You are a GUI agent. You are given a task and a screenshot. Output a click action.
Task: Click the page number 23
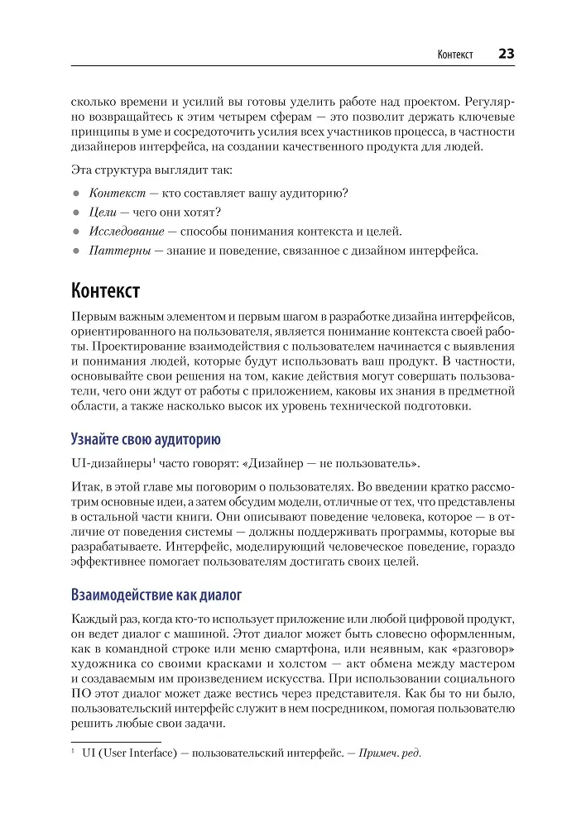pyautogui.click(x=506, y=54)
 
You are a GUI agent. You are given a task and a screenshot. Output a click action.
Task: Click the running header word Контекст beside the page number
pyautogui.click(x=454, y=55)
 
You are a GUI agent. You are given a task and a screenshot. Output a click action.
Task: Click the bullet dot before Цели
pyautogui.click(x=75, y=213)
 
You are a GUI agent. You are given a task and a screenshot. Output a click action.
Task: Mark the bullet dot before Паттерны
pyautogui.click(x=75, y=250)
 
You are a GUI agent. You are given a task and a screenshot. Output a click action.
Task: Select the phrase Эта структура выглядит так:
pyautogui.click(x=151, y=170)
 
